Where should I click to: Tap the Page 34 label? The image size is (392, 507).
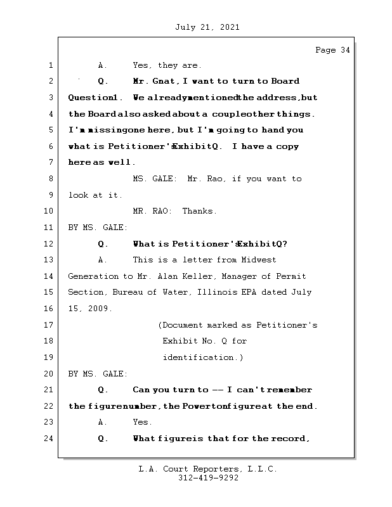(x=332, y=50)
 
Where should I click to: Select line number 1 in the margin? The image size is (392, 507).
(x=49, y=65)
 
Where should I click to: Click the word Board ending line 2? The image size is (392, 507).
(x=285, y=81)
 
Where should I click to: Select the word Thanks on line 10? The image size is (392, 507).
(x=199, y=211)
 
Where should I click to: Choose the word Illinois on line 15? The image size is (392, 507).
(x=231, y=292)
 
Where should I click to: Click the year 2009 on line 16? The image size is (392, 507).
(x=100, y=309)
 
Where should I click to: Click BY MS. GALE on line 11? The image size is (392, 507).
(x=98, y=228)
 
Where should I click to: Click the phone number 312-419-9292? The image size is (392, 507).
(x=208, y=478)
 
